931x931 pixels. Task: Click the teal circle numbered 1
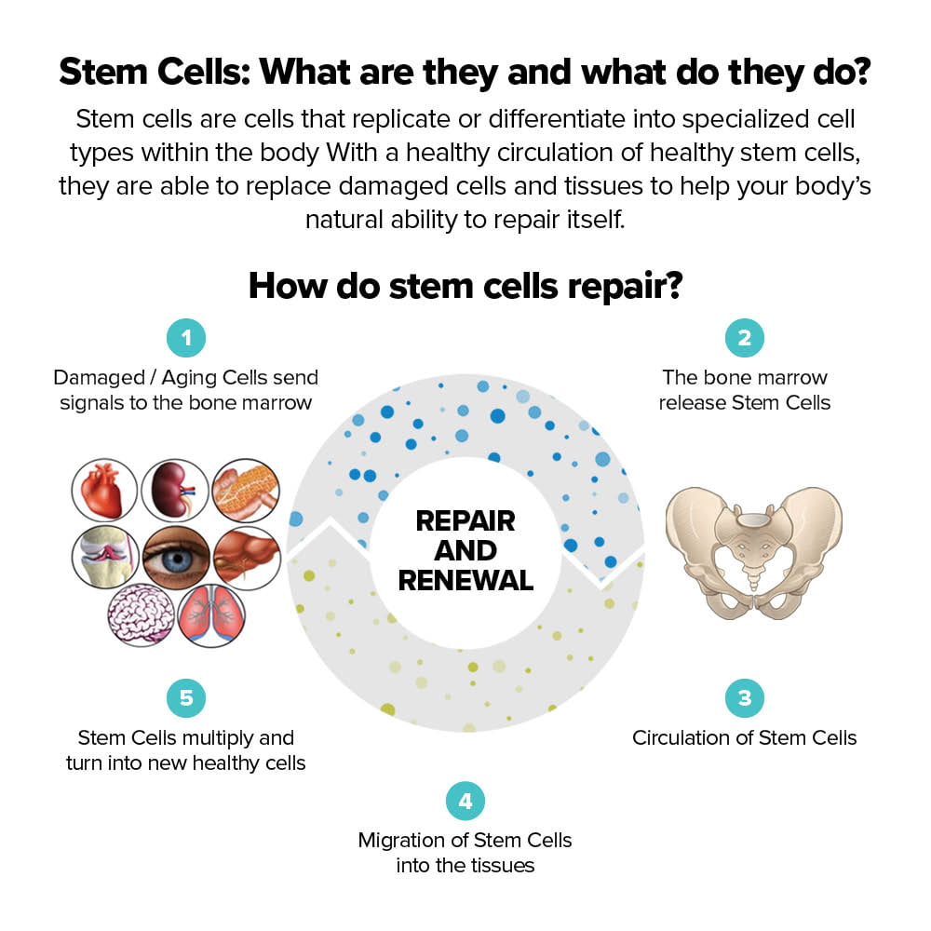[x=186, y=338]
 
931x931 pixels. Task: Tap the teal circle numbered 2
[x=744, y=338]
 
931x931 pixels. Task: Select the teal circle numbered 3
[x=744, y=698]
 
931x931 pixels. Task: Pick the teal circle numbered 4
[x=465, y=801]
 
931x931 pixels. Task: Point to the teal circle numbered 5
[x=186, y=698]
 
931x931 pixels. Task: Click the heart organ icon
[x=104, y=491]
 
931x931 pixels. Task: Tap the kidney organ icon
[x=175, y=491]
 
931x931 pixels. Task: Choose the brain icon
[x=140, y=614]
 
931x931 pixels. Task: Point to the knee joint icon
[x=104, y=557]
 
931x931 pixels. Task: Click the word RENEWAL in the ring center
[x=465, y=581]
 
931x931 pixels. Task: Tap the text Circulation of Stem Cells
[x=744, y=738]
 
